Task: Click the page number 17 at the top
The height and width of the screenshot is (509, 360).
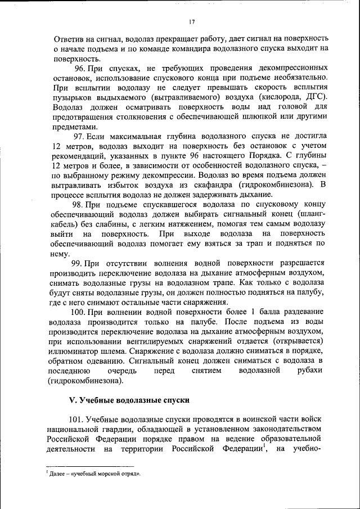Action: (191, 22)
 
